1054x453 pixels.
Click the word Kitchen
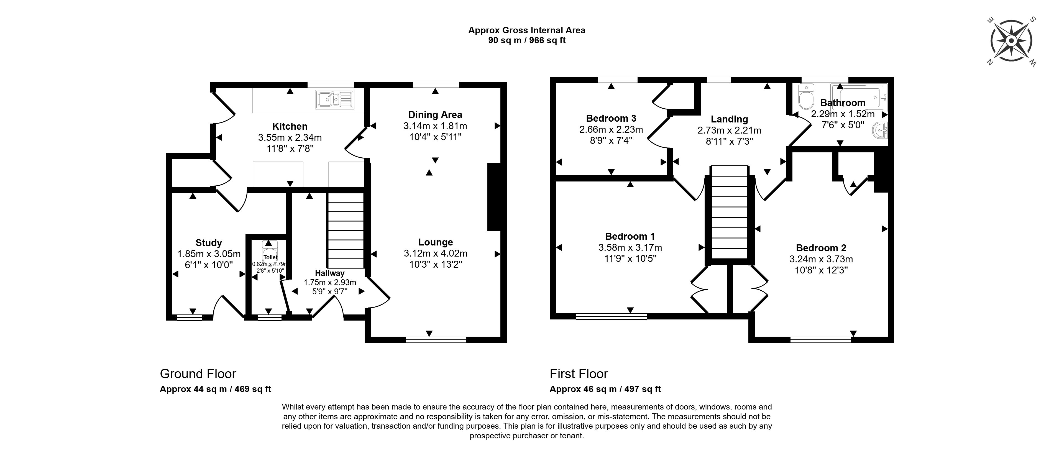click(x=290, y=126)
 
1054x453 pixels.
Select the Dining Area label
click(x=435, y=115)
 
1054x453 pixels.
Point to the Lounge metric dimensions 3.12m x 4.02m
click(x=435, y=253)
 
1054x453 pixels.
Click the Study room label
click(x=209, y=243)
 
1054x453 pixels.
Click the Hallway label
click(x=329, y=273)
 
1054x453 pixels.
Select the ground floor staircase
click(x=345, y=231)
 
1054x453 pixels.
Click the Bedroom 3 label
click(x=611, y=119)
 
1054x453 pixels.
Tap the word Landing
click(x=729, y=119)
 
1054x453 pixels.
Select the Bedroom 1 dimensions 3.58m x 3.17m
click(x=630, y=248)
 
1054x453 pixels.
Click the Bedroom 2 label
click(x=821, y=248)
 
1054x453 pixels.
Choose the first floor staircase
click(x=730, y=213)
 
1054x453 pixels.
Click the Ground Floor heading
click(x=198, y=373)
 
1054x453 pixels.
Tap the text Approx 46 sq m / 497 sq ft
click(x=605, y=389)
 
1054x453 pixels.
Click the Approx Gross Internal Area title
click(x=527, y=30)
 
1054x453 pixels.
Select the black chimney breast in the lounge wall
click(x=494, y=197)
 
